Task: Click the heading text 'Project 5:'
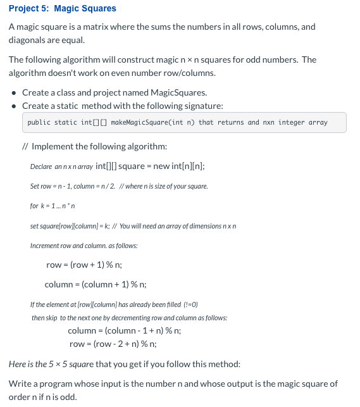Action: [28, 8]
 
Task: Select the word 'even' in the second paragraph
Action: [112, 72]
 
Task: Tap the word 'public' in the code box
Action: [39, 122]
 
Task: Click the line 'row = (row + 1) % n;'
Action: [84, 264]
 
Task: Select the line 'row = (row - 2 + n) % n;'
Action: [113, 344]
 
